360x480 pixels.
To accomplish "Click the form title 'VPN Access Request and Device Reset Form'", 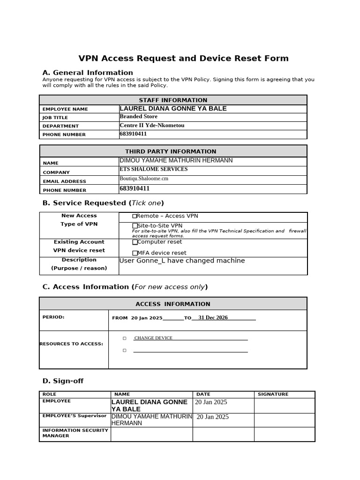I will pyautogui.click(x=183, y=59).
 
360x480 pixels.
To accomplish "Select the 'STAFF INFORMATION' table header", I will pyautogui.click(x=173, y=100).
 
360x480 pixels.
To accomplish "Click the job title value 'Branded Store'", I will pyautogui.click(x=139, y=117).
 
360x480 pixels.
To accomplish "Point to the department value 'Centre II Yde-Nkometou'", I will pyautogui.click(x=152, y=125).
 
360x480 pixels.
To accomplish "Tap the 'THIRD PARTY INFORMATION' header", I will pyautogui.click(x=171, y=151).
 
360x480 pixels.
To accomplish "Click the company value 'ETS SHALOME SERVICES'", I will pyautogui.click(x=154, y=169).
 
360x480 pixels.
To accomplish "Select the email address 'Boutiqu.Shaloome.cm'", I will pyautogui.click(x=144, y=179).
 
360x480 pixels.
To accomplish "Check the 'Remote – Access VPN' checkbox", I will pyautogui.click(x=135, y=216).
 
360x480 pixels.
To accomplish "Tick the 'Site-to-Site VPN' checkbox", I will pyautogui.click(x=135, y=226).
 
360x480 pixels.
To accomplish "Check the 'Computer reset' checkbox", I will pyautogui.click(x=135, y=242).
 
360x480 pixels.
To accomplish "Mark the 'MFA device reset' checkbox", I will pyautogui.click(x=135, y=253).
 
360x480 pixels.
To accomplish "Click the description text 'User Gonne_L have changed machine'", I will pyautogui.click(x=182, y=261).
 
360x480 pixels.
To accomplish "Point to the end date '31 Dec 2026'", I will pyautogui.click(x=213, y=318).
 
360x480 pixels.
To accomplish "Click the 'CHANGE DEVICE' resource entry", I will pyautogui.click(x=153, y=338).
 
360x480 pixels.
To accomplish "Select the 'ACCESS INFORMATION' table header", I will pyautogui.click(x=173, y=304).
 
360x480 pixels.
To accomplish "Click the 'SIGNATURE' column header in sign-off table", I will pyautogui.click(x=273, y=395).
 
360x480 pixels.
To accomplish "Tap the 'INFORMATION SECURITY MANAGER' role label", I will pyautogui.click(x=75, y=433).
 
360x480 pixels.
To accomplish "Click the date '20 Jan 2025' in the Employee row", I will pyautogui.click(x=211, y=402).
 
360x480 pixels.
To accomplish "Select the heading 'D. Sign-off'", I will pyautogui.click(x=63, y=381).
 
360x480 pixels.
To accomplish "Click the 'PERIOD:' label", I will pyautogui.click(x=53, y=317).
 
